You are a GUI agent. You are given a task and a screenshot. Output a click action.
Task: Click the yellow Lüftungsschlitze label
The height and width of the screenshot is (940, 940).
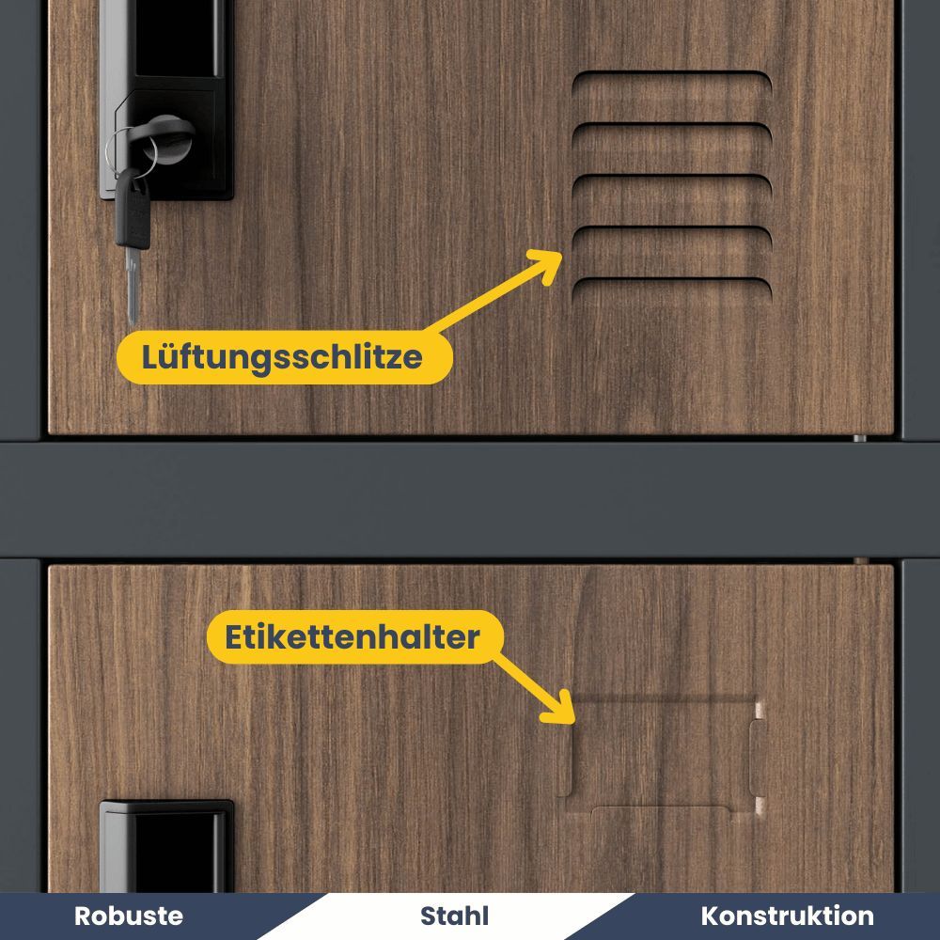tap(284, 357)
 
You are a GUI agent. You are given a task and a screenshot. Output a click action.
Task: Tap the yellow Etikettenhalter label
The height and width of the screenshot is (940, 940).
tap(355, 636)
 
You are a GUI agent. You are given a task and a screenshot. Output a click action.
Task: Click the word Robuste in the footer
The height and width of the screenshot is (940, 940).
tap(129, 916)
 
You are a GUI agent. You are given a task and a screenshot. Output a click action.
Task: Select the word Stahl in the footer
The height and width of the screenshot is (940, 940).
tap(454, 916)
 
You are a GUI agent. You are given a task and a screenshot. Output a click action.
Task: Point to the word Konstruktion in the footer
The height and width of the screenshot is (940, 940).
tap(787, 916)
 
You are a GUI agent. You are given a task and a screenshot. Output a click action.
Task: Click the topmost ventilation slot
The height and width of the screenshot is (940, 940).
tap(672, 81)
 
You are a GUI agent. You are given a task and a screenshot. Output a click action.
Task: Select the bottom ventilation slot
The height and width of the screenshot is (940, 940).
tap(672, 288)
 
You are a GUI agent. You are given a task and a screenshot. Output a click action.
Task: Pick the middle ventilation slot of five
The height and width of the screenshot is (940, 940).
tap(672, 184)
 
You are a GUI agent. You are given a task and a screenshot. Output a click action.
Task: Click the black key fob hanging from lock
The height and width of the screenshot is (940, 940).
tap(133, 209)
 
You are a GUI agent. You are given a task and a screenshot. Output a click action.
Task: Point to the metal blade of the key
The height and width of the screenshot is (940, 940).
tap(133, 286)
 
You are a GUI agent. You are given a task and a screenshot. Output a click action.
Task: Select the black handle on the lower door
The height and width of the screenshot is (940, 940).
tap(166, 846)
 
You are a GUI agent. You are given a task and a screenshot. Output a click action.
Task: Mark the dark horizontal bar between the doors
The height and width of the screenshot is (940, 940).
tap(470, 500)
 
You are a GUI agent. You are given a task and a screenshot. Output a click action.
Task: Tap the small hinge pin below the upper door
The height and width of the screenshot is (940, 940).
tap(860, 438)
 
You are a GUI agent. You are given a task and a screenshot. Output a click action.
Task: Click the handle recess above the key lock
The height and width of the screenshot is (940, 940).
tap(180, 38)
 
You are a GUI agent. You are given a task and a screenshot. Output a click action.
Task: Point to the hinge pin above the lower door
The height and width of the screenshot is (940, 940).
tap(861, 561)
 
